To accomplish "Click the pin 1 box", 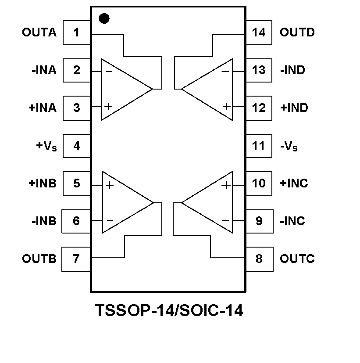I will [77, 32].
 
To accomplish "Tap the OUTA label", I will [39, 32].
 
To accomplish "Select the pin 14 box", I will [259, 32].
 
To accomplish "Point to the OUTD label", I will [297, 32].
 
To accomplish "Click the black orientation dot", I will [104, 18].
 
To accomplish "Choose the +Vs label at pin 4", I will [46, 146].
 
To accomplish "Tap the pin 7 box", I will [76, 259].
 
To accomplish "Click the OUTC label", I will [297, 259].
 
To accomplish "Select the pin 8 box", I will [259, 259].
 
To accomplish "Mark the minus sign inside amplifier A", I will [108, 71].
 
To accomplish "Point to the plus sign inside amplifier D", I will [226, 106].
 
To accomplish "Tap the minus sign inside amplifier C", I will [226, 220].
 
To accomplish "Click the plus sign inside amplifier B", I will [109, 185].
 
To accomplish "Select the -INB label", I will [44, 221].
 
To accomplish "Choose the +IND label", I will [294, 108].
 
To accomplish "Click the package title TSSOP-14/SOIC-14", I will [169, 311].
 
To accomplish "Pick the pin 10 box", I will [259, 183].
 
